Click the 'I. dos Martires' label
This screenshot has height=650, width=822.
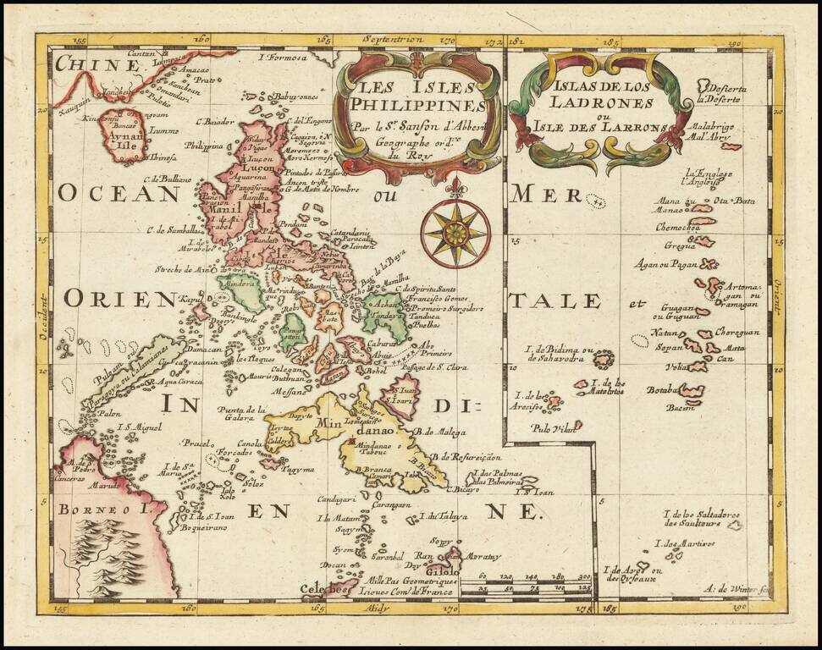coord(685,543)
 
